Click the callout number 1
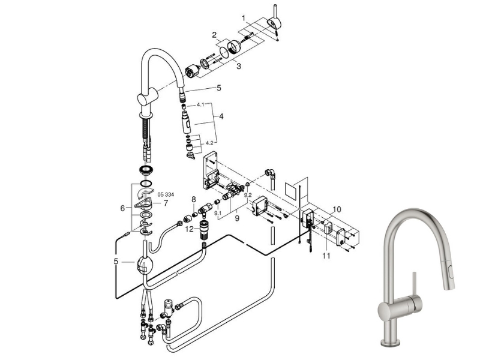coord(244,18)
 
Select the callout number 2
coord(214,35)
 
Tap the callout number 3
coord(238,66)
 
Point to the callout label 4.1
coord(200,104)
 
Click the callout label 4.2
coord(209,143)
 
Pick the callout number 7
coord(166,203)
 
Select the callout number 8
coord(193,199)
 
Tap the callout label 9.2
coord(248,194)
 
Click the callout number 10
coord(337,209)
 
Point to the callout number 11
coord(326,256)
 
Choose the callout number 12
coord(190,229)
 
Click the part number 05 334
coord(166,194)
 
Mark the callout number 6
coord(123,208)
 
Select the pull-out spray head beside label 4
coord(186,122)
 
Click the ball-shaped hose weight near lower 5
coord(143,265)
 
